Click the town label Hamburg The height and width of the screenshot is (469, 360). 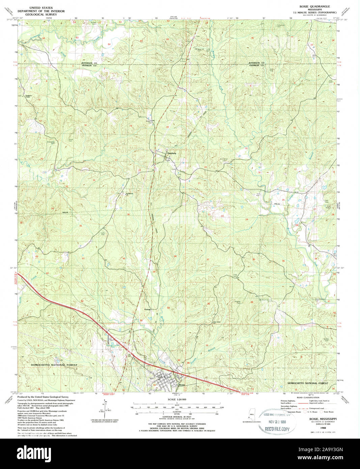click(171, 153)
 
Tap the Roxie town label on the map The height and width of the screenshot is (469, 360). click(182, 385)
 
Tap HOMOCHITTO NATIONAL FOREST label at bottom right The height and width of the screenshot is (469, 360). click(307, 383)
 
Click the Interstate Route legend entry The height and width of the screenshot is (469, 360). click(294, 412)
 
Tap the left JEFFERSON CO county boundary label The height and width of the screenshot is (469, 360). click(89, 63)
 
